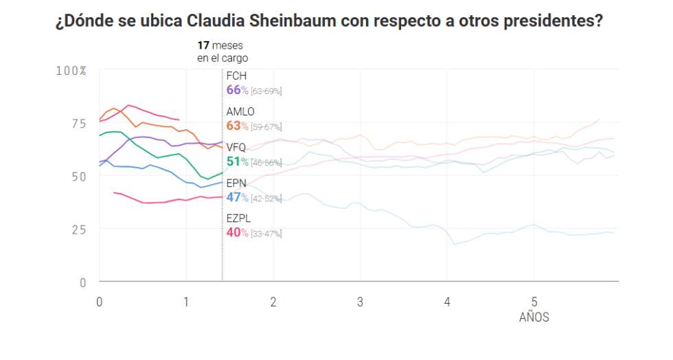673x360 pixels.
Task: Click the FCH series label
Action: (236, 76)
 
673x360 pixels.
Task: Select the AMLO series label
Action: (240, 111)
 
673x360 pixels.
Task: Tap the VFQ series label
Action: (236, 147)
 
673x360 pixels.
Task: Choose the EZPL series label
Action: (239, 218)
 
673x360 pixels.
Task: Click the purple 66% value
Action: (236, 90)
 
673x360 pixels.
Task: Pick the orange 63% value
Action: (236, 126)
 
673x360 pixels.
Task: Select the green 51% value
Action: (236, 161)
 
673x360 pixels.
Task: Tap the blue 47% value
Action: (236, 198)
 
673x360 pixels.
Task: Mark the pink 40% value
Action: (236, 233)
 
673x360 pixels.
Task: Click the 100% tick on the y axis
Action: (71, 71)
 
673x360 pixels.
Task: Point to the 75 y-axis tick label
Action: (80, 124)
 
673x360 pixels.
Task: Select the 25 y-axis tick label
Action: (80, 229)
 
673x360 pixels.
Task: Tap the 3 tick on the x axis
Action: (360, 302)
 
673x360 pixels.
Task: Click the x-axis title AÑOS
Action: (534, 317)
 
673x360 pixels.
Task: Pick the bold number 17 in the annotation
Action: (203, 45)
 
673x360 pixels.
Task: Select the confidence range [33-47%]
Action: (266, 234)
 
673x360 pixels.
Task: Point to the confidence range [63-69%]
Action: (266, 91)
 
